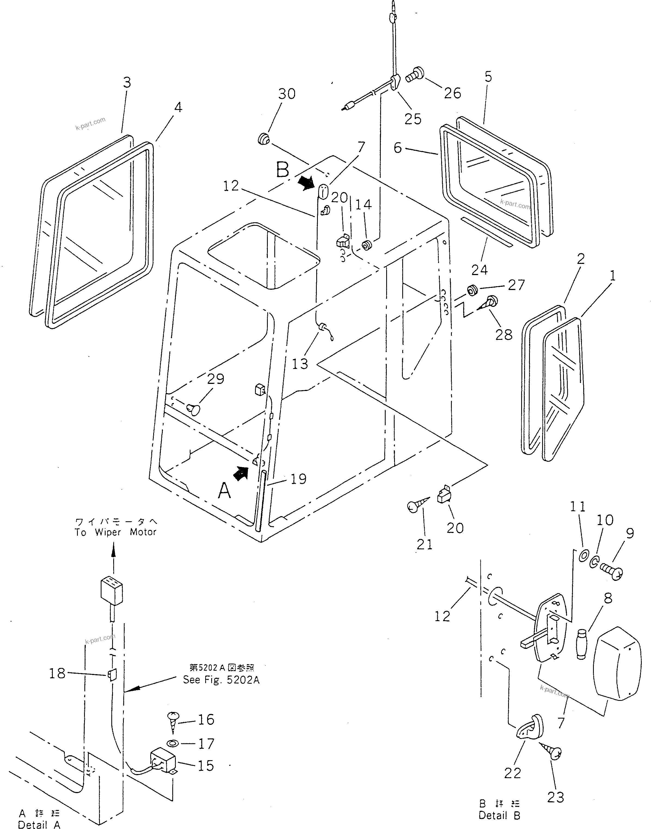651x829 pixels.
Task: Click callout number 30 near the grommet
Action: (x=287, y=94)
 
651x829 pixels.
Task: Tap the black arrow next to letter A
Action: (x=241, y=474)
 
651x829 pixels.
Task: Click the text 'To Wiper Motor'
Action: (x=115, y=532)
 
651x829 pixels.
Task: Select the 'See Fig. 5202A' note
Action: (x=221, y=680)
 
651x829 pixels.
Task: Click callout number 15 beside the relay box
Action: (x=206, y=766)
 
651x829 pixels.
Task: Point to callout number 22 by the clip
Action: (x=513, y=773)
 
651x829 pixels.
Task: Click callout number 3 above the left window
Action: (x=127, y=82)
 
